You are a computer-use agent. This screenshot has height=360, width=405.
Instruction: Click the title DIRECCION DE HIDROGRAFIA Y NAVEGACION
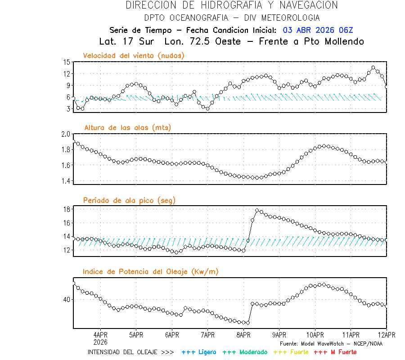pos(232,5)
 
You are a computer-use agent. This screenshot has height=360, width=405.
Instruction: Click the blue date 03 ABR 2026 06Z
pos(318,30)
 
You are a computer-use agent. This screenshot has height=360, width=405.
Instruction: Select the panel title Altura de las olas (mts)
pos(128,128)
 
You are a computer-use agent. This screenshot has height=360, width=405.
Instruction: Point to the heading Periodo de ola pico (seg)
pos(129,200)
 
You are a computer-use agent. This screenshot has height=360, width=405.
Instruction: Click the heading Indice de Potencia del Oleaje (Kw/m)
pos(151,271)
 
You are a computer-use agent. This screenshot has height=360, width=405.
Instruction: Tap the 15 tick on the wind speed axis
pos(67,62)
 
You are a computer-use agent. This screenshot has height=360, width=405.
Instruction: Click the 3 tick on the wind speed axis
pos(67,109)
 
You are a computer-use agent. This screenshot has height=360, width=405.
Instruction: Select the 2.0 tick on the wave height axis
pos(66,134)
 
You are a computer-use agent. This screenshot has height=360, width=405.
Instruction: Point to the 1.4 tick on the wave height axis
pos(66,181)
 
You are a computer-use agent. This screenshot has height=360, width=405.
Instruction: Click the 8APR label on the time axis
pos(243,335)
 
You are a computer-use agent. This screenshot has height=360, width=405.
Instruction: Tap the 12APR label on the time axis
pos(386,335)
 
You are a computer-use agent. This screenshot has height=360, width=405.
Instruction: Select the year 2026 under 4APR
pos(100,342)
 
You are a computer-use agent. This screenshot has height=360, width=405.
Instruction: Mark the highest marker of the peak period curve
pos(257,210)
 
